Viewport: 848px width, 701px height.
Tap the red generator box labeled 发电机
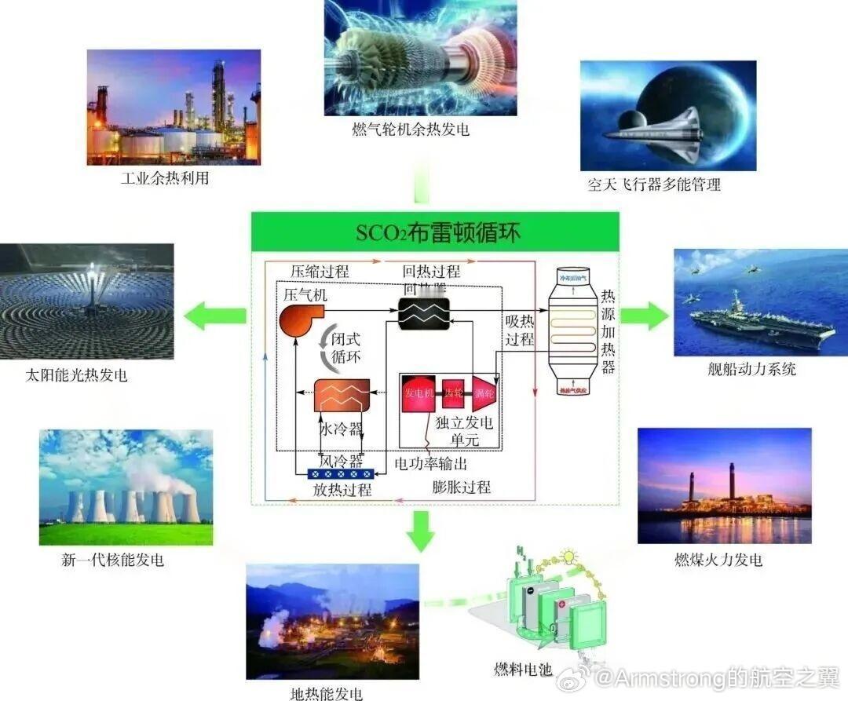point(419,393)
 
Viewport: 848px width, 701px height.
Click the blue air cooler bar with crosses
point(338,473)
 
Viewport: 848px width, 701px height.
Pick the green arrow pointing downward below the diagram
point(422,529)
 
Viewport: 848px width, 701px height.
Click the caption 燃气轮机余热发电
point(410,130)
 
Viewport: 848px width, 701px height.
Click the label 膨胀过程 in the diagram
point(462,487)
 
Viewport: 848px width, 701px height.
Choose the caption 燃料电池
point(523,669)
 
